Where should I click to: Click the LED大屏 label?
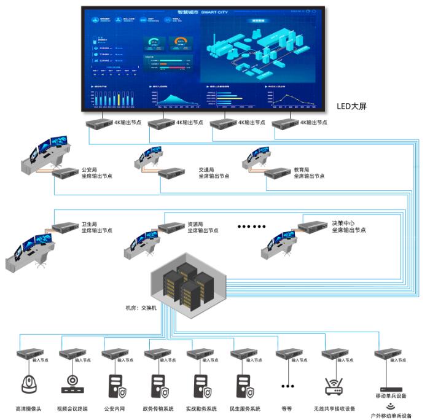tap(351, 106)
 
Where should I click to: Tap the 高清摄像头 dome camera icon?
tap(28, 384)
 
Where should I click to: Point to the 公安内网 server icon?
tap(114, 384)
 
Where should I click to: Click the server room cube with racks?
tap(189, 283)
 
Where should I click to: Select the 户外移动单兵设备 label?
tap(391, 416)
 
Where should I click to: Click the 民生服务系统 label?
tap(244, 408)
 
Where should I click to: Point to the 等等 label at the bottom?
tap(286, 408)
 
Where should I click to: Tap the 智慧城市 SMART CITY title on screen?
tap(201, 11)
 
